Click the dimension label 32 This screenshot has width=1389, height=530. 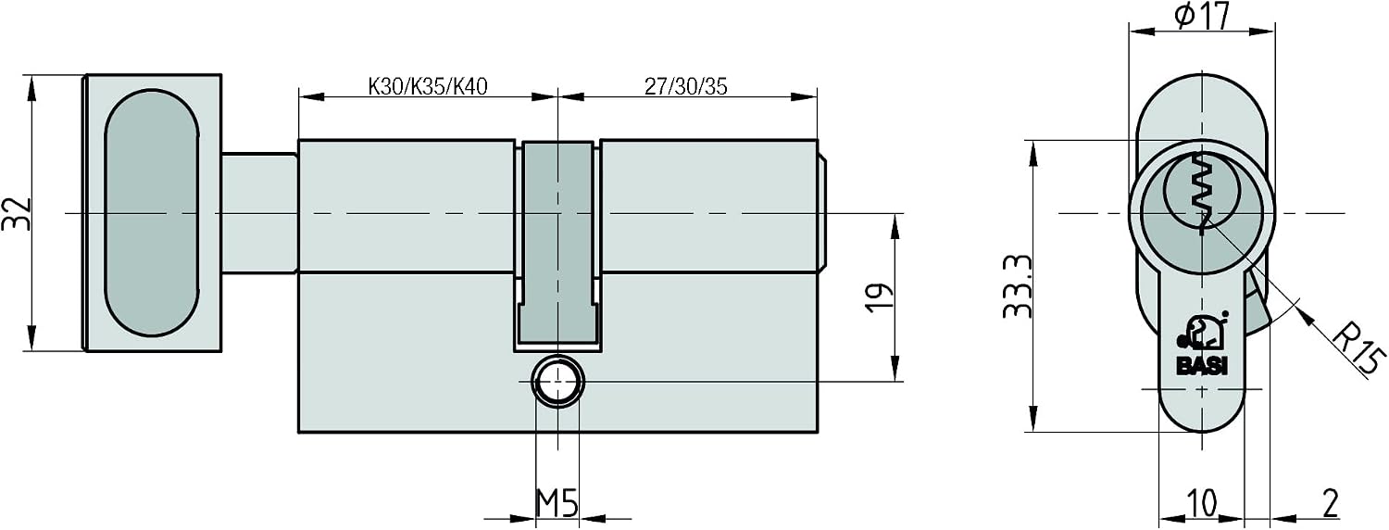(x=17, y=213)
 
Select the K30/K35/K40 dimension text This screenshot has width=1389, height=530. (x=428, y=86)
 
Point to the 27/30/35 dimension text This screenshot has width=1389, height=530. (x=685, y=86)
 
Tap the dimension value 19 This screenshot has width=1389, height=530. (x=880, y=297)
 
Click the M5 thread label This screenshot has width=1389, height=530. (x=557, y=503)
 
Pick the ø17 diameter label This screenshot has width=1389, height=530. (x=1202, y=16)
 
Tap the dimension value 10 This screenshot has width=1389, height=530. (x=1202, y=503)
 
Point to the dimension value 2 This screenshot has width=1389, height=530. (x=1330, y=503)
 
